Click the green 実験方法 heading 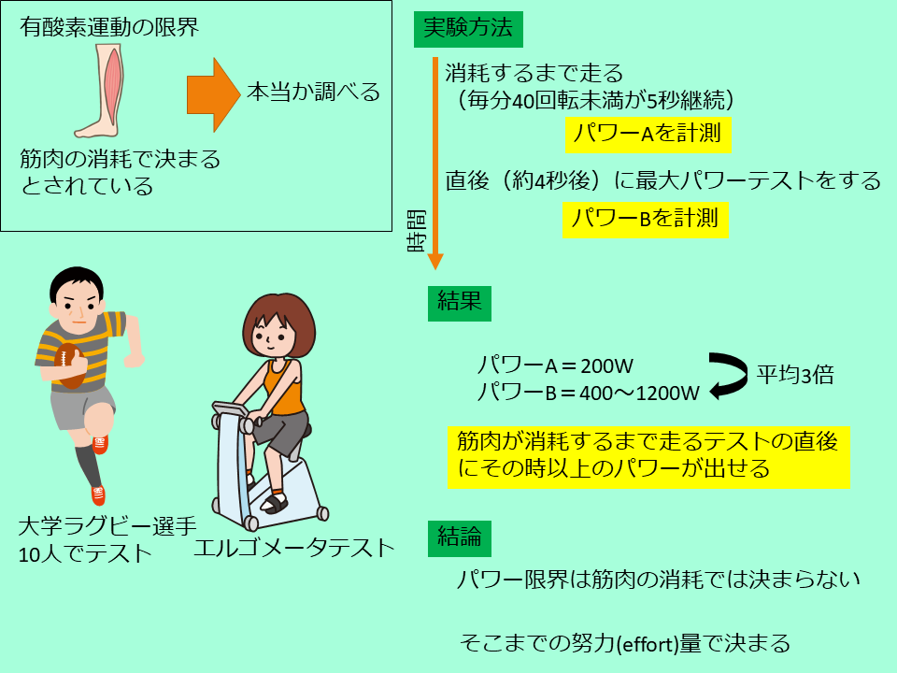tap(468, 28)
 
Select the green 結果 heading tap(460, 303)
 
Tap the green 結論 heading tap(460, 538)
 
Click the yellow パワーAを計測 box tap(648, 135)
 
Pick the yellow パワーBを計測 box tap(646, 220)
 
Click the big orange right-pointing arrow tap(213, 95)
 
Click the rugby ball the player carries tap(70, 365)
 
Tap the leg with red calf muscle tap(101, 91)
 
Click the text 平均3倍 tap(795, 376)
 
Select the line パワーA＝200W tap(555, 365)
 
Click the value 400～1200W tap(639, 394)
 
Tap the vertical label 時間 tap(417, 231)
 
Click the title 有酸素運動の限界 tap(109, 27)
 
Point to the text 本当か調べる tap(314, 92)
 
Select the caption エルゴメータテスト tap(294, 549)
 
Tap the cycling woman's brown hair tap(278, 320)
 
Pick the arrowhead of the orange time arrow tap(435, 262)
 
